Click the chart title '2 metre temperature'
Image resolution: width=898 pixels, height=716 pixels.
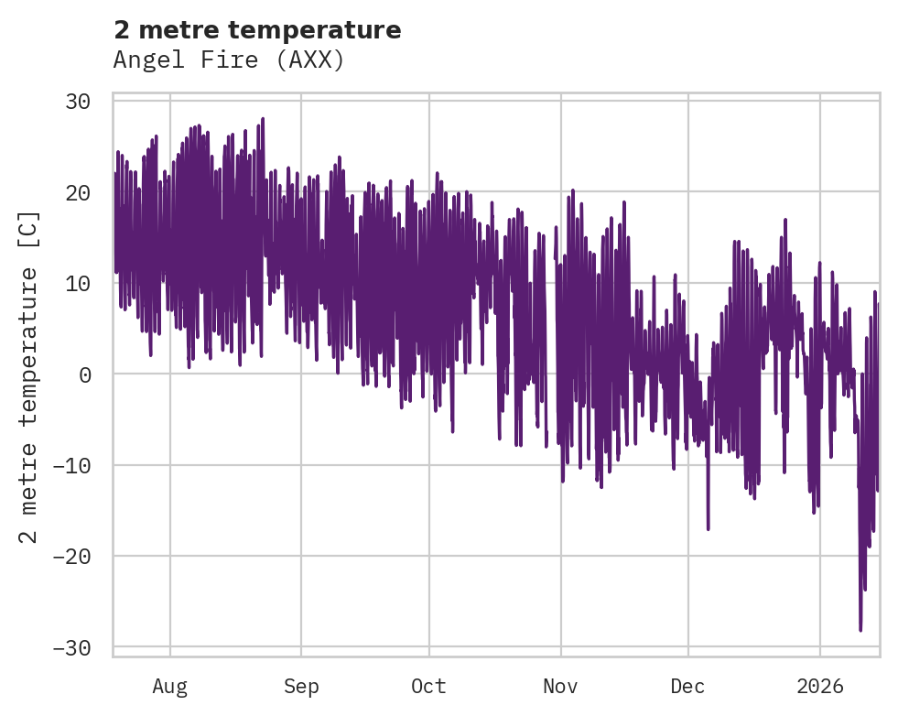click(x=257, y=30)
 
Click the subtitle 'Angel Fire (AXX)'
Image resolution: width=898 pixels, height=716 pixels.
click(x=229, y=60)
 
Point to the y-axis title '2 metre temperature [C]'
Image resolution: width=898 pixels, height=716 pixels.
click(x=29, y=376)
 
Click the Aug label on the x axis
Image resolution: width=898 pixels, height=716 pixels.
click(x=170, y=686)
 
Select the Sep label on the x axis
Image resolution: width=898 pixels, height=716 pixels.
click(x=301, y=686)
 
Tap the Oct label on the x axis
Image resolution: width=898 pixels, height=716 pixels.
click(x=428, y=686)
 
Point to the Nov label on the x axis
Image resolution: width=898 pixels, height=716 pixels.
click(x=560, y=686)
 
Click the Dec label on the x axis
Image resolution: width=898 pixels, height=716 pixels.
click(x=687, y=686)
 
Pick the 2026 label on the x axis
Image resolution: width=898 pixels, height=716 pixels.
click(x=820, y=686)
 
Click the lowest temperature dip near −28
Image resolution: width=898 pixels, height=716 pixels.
click(x=860, y=629)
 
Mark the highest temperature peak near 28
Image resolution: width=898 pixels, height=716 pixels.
click(x=263, y=119)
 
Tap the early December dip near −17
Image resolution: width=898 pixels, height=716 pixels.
click(x=708, y=528)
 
